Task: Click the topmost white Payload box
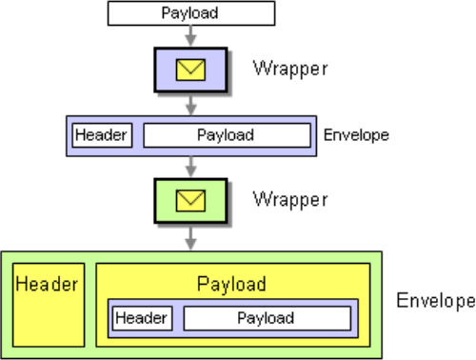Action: (x=191, y=13)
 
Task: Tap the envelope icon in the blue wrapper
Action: (x=190, y=70)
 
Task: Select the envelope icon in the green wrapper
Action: (x=190, y=201)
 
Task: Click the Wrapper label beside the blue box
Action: (x=290, y=69)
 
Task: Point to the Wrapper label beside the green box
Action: (x=290, y=200)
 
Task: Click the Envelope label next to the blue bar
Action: (x=356, y=135)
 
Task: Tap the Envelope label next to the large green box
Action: (x=436, y=300)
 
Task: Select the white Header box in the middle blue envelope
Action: (x=102, y=135)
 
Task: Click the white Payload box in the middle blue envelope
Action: (x=227, y=135)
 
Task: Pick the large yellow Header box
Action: (x=49, y=305)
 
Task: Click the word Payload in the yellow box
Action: (x=231, y=284)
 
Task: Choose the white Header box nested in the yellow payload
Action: (x=143, y=318)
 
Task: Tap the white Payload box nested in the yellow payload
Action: (x=268, y=318)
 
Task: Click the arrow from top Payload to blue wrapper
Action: (x=190, y=36)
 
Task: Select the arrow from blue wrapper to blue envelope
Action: (x=190, y=105)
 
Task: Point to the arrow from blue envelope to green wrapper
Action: (x=190, y=167)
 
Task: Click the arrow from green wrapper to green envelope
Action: (x=190, y=238)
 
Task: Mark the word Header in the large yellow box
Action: (x=47, y=284)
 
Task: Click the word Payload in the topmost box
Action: (x=189, y=13)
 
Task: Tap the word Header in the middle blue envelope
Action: (x=101, y=135)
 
